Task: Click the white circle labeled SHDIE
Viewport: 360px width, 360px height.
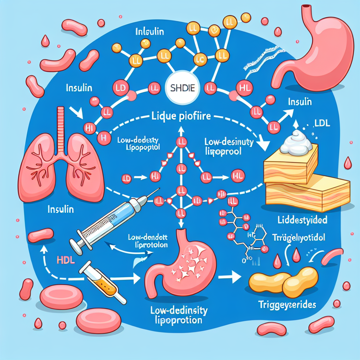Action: pyautogui.click(x=179, y=88)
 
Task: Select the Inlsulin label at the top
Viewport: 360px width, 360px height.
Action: pyautogui.click(x=149, y=31)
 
